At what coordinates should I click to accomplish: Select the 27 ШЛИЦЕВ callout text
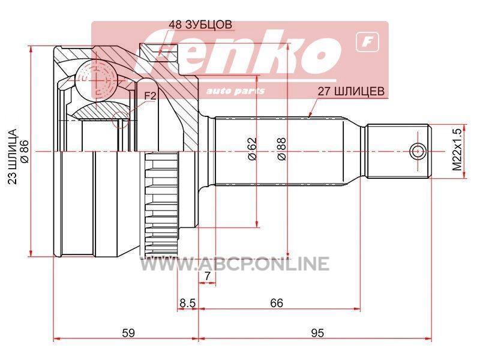[351, 91]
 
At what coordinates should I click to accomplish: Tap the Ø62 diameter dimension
[252, 149]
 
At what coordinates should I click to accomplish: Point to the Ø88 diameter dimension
[281, 149]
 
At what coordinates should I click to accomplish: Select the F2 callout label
[151, 96]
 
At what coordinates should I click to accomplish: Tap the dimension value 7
[207, 276]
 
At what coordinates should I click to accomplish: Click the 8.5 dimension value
[187, 303]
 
